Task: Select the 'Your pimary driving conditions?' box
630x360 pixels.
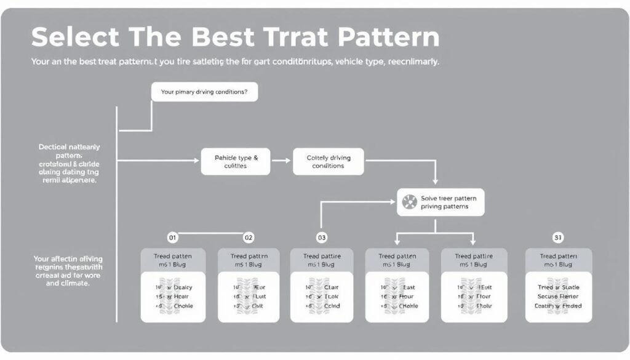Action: (x=204, y=92)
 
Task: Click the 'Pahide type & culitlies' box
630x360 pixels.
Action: (x=236, y=162)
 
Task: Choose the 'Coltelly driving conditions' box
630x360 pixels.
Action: (x=328, y=162)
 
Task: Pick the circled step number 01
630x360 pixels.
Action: (x=172, y=237)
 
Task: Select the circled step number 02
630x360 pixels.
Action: (x=249, y=237)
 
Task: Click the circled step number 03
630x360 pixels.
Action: (x=321, y=237)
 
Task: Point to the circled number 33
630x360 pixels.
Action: (x=557, y=237)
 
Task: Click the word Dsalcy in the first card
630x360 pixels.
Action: (x=183, y=287)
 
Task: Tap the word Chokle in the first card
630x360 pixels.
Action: (x=183, y=305)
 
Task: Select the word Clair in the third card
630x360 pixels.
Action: (x=332, y=287)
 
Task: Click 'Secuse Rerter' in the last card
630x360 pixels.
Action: (x=558, y=296)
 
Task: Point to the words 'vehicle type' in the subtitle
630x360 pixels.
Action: (x=356, y=63)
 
